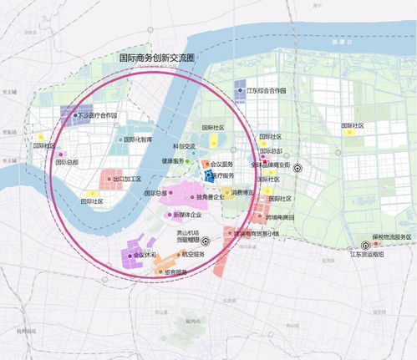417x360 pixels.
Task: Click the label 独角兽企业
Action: point(218,197)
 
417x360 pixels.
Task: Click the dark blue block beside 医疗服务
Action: point(210,175)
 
